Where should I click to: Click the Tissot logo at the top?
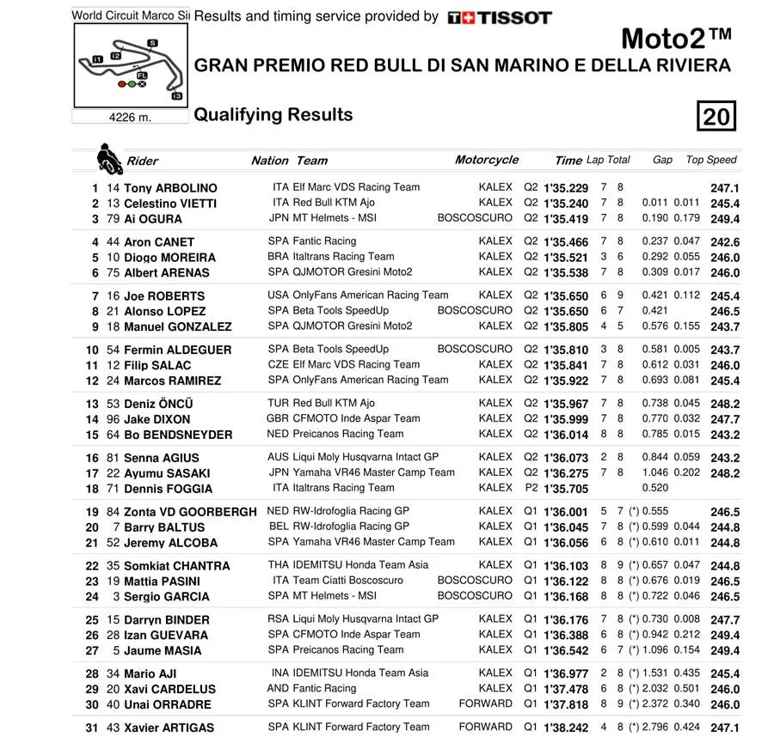pyautogui.click(x=500, y=17)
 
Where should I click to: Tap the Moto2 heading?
pyautogui.click(x=676, y=40)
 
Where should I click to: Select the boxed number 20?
pyautogui.click(x=716, y=116)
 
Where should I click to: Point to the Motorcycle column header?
pyautogui.click(x=487, y=160)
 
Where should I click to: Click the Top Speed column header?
pyautogui.click(x=711, y=160)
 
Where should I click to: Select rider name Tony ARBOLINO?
pyautogui.click(x=170, y=188)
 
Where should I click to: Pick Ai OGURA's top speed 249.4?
pyautogui.click(x=725, y=219)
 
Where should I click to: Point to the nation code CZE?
pyautogui.click(x=278, y=364)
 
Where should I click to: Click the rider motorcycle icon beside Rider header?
pyautogui.click(x=108, y=159)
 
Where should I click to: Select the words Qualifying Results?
pyautogui.click(x=273, y=115)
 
